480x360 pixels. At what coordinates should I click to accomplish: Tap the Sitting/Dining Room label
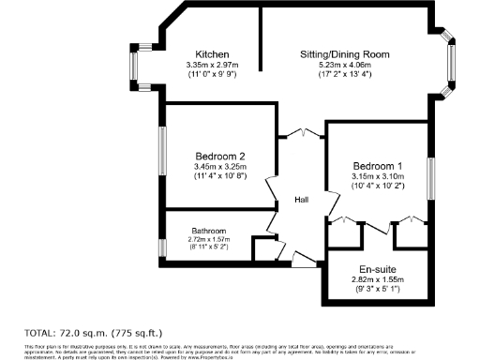[344, 53]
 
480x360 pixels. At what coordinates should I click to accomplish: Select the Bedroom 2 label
[220, 156]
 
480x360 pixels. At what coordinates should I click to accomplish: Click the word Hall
[303, 200]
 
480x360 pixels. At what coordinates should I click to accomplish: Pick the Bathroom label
[209, 230]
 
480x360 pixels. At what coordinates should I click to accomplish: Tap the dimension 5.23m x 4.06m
[344, 64]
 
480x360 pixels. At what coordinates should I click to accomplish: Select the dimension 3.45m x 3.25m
[220, 167]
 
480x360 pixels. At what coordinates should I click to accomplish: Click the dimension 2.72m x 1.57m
[209, 239]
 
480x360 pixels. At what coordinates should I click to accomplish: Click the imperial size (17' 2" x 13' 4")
[344, 73]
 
